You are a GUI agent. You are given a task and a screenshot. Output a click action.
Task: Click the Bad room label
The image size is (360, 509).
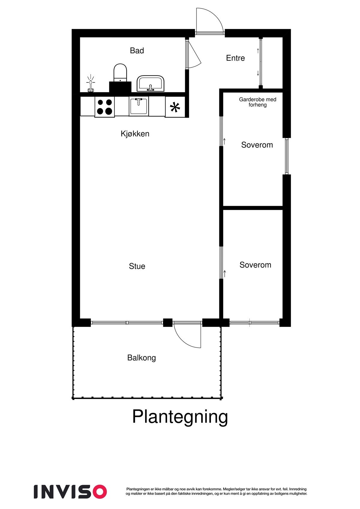pyautogui.click(x=137, y=51)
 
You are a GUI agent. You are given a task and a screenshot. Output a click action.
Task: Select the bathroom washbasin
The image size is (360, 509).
pyautogui.click(x=151, y=83)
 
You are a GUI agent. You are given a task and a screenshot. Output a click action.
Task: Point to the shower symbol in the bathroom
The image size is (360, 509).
pyautogui.click(x=90, y=84)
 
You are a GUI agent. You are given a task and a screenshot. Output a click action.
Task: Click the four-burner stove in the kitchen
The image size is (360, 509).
pyautogui.click(x=104, y=107)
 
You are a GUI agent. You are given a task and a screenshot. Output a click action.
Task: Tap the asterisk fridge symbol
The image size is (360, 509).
pyautogui.click(x=175, y=107)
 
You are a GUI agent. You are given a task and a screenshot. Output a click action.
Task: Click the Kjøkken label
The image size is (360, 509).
pyautogui.click(x=135, y=134)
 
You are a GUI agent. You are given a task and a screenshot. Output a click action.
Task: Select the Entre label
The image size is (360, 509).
pyautogui.click(x=235, y=58)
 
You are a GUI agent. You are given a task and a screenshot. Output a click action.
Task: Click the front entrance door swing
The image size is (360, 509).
pyautogui.click(x=209, y=20)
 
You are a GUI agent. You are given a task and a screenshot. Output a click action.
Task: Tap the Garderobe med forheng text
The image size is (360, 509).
pyautogui.click(x=257, y=102)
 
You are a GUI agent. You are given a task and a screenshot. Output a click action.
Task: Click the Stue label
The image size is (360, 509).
pyautogui.click(x=137, y=266)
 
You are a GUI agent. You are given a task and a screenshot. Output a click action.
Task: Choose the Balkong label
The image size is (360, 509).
pyautogui.click(x=142, y=358)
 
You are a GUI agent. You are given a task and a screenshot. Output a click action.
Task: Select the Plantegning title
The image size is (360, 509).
pyautogui.click(x=180, y=417)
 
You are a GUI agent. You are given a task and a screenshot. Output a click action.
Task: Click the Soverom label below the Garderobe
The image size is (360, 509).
pyautogui.click(x=257, y=145)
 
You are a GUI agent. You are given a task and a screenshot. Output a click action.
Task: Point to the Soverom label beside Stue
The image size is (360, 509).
pyautogui.click(x=255, y=265)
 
